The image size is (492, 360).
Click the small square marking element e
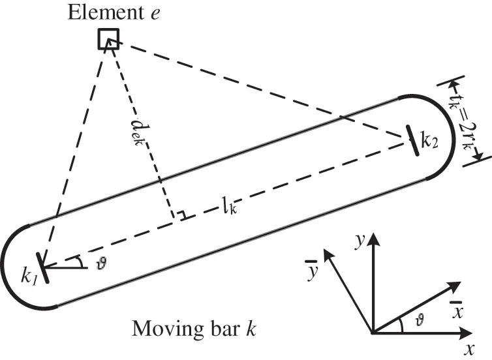(x=108, y=39)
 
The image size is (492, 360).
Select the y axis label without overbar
(x=359, y=240)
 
